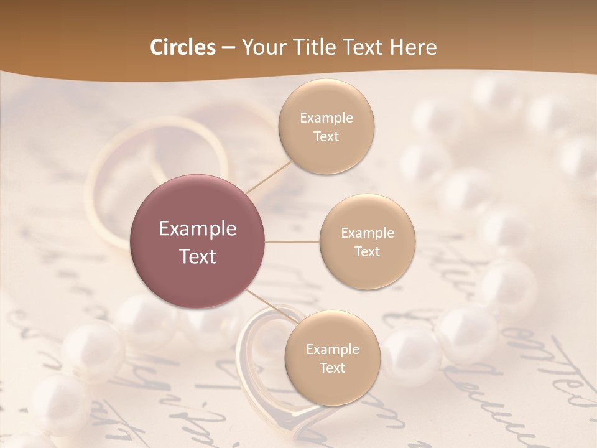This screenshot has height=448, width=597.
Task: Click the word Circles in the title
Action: [x=182, y=47]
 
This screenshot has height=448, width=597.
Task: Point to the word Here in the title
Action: [x=413, y=47]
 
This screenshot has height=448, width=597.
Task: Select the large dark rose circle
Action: [x=197, y=241]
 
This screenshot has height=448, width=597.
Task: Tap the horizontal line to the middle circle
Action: [x=292, y=241]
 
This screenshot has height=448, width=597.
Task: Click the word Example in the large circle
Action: [x=197, y=229]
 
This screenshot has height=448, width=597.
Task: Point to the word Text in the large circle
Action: [x=197, y=256]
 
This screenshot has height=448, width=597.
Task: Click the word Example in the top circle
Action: [x=326, y=118]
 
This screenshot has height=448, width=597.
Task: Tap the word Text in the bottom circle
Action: [x=332, y=368]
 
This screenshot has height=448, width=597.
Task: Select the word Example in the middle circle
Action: [x=367, y=233]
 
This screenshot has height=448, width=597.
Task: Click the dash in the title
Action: [x=228, y=48]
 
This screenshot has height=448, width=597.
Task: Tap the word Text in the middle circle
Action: [x=367, y=251]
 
